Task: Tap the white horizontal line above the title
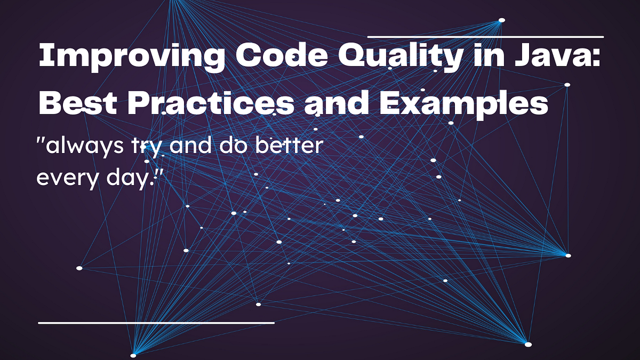click(485, 37)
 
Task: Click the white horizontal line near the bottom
click(156, 323)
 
